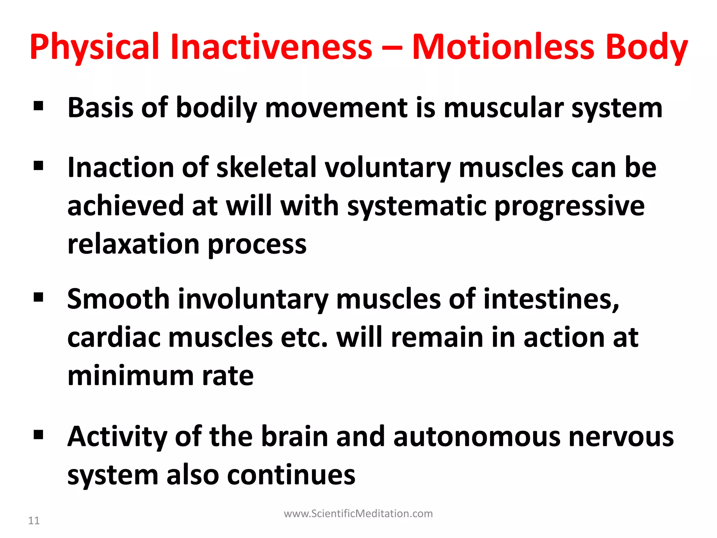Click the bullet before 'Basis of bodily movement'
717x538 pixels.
(39, 106)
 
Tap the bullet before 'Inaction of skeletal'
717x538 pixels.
(39, 165)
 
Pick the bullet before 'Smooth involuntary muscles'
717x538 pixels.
(39, 297)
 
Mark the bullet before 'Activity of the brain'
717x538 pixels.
(39, 435)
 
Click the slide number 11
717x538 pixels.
(34, 520)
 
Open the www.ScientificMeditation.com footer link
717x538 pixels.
(358, 513)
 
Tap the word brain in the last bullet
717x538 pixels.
(294, 437)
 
